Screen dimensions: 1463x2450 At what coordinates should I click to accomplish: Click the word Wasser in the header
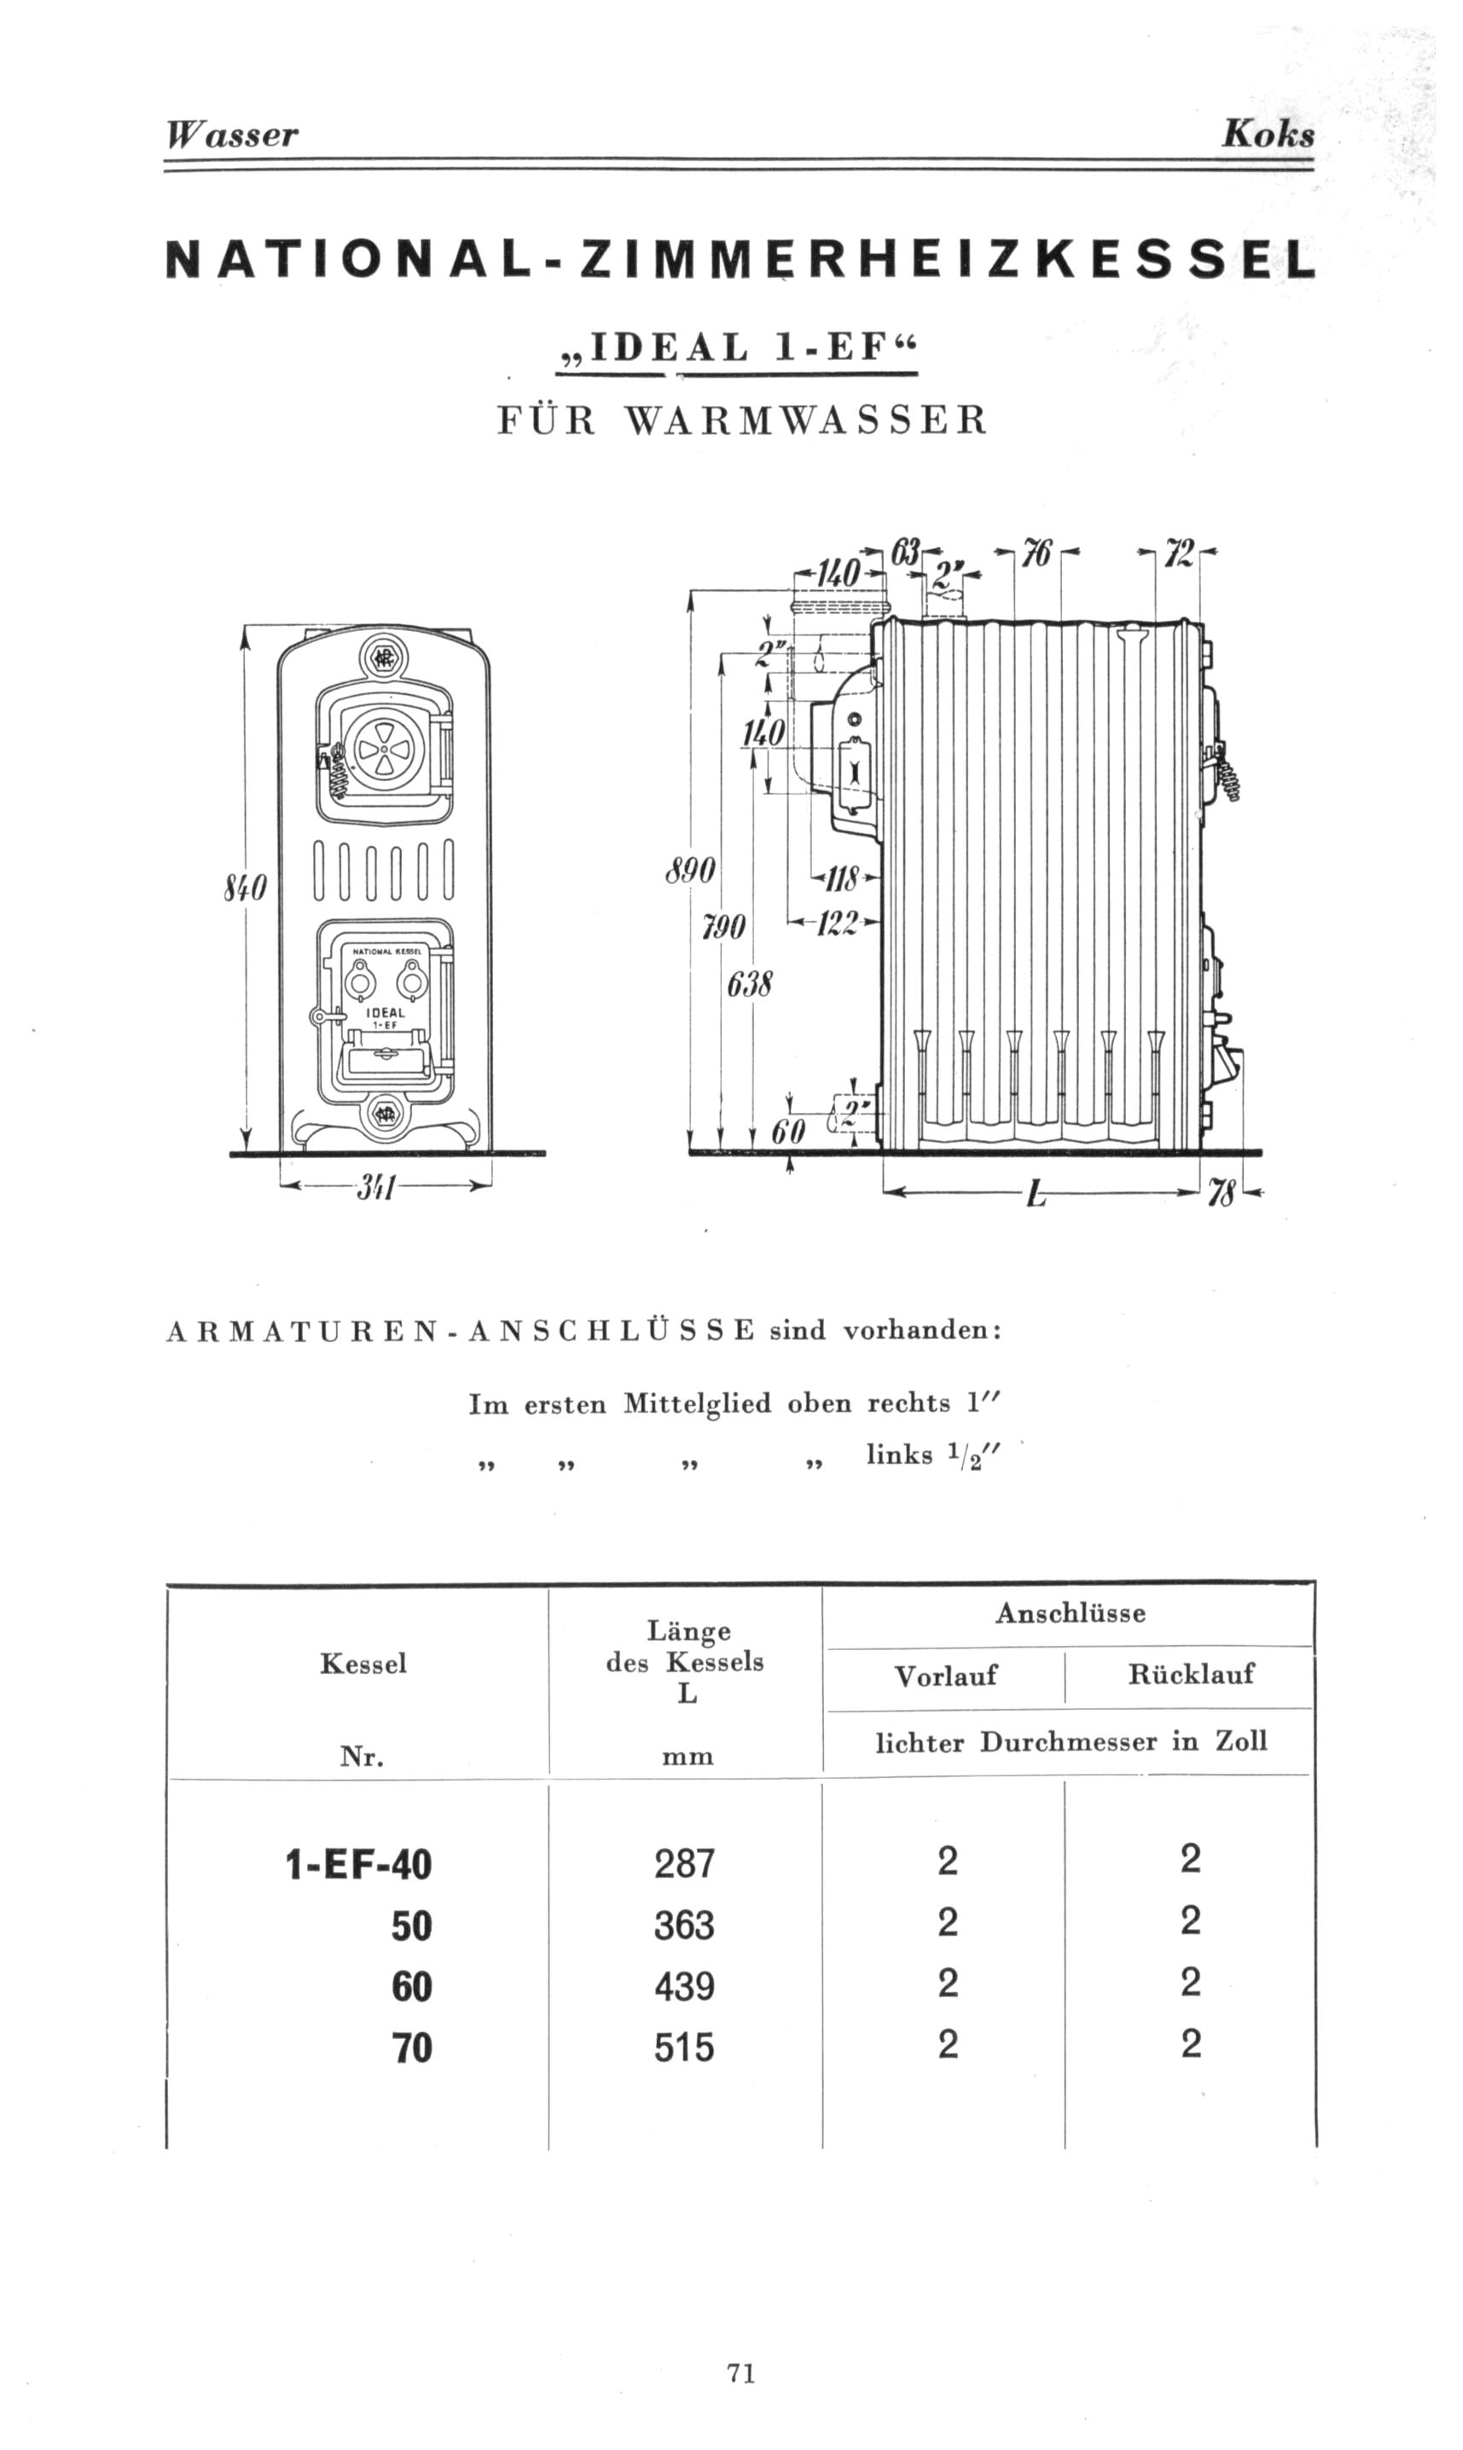232,134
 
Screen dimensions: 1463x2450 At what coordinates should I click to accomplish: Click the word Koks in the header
1268,134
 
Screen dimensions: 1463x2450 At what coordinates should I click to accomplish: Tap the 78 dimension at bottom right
1222,1196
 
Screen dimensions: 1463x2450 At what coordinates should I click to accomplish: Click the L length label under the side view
1034,1196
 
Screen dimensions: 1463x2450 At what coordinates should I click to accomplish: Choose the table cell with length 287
684,1862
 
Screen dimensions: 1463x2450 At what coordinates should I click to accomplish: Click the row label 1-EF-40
359,1865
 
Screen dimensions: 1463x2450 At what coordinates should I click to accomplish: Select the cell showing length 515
684,2050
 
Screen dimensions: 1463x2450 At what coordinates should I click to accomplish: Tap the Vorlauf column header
945,1676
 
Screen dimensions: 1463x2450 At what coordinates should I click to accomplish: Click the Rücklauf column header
1191,1673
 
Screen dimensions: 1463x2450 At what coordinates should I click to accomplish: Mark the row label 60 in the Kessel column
412,1987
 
